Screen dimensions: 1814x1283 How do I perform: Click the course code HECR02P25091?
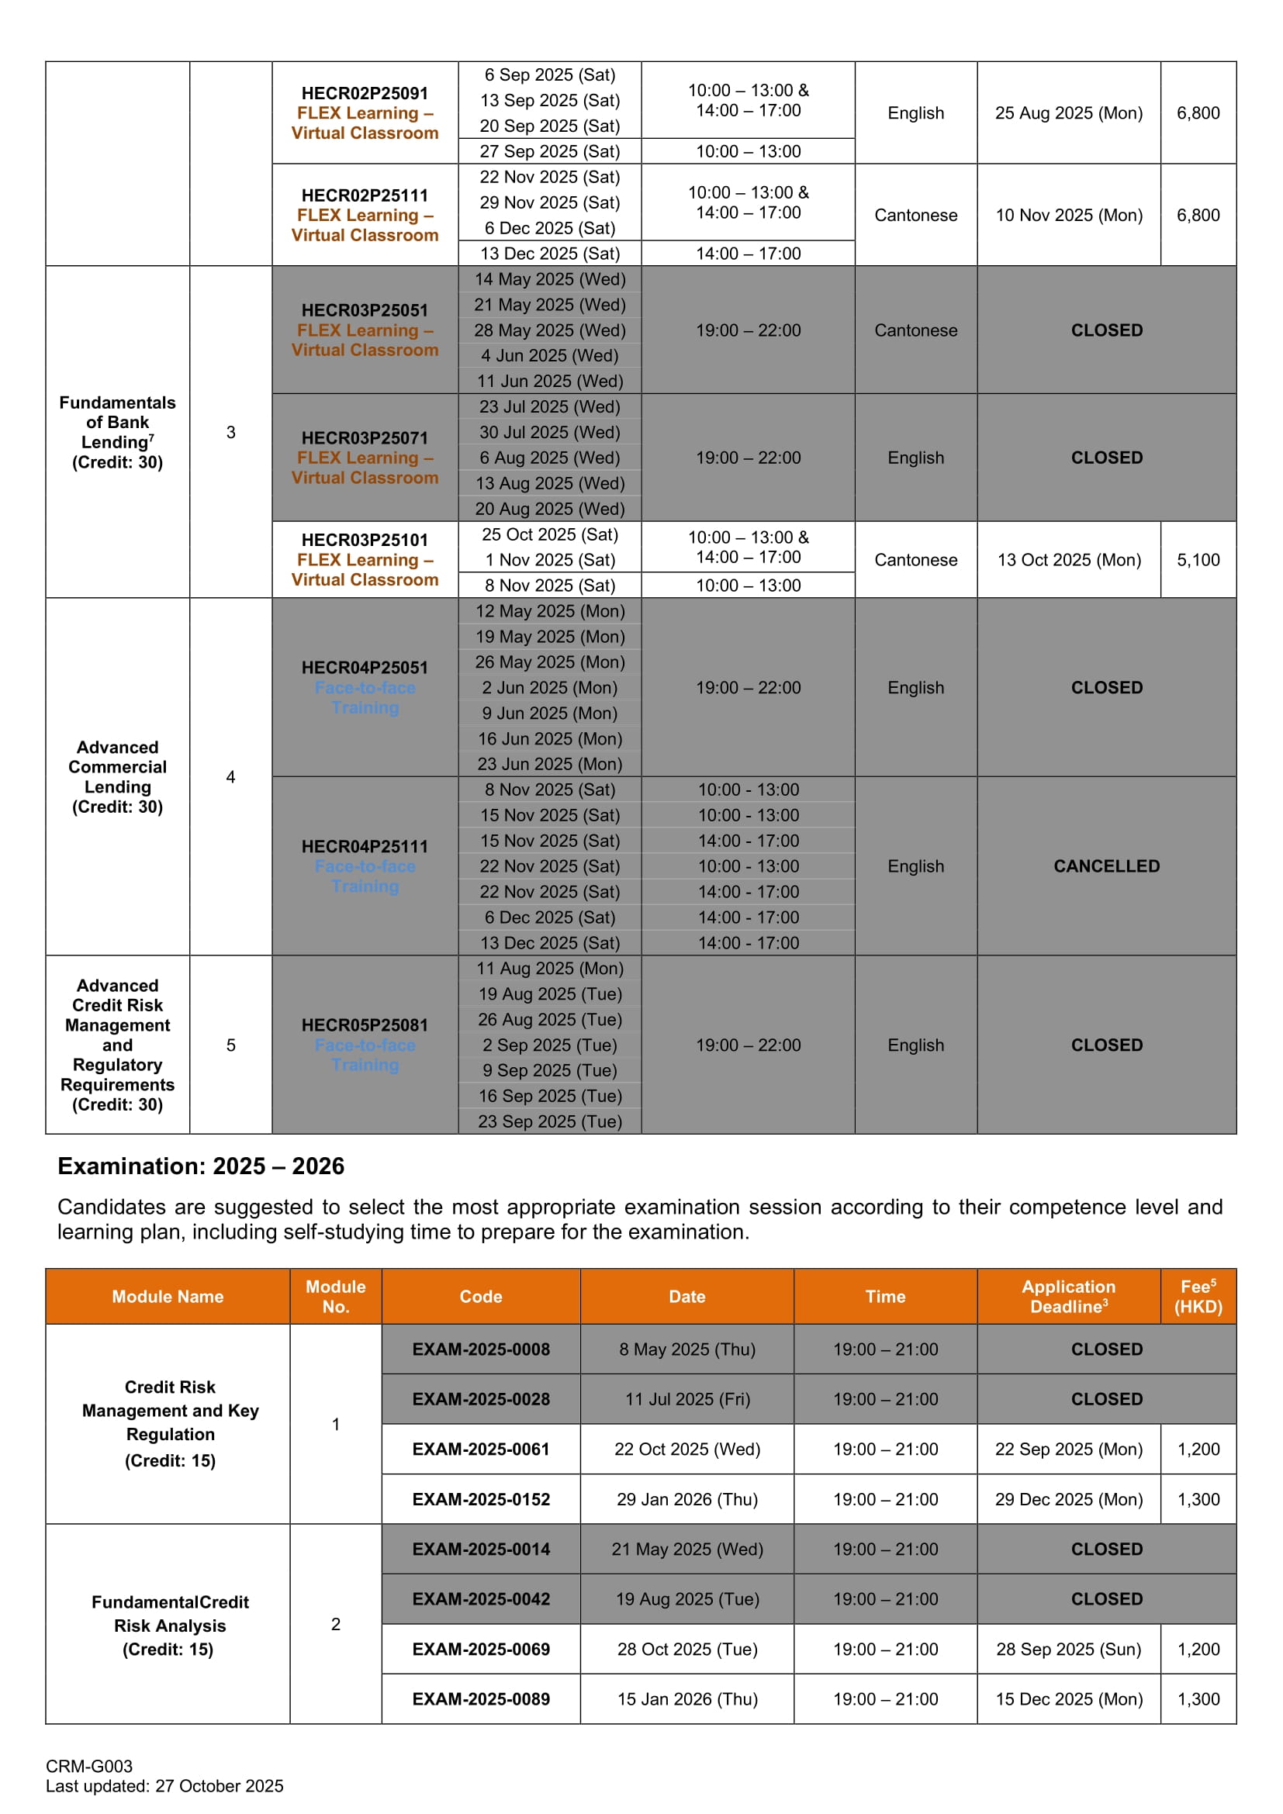365,93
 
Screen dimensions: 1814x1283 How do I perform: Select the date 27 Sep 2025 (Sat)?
549,151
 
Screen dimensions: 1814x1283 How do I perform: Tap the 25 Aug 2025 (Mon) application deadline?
1068,113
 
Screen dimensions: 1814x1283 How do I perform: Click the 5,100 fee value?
1198,559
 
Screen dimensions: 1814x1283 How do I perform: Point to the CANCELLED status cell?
1106,866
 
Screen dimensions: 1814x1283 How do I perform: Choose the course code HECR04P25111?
365,846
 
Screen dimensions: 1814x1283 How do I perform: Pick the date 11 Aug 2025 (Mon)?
549,968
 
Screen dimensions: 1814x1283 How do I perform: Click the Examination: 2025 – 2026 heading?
201,1166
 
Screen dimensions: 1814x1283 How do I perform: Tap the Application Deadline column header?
1068,1297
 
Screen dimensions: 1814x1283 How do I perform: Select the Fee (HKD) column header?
1198,1297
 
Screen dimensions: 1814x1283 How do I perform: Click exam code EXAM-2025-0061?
480,1449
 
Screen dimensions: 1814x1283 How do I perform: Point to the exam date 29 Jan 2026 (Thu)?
686,1499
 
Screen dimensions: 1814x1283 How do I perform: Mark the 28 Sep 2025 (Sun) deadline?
1068,1649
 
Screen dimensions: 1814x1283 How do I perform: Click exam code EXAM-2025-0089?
480,1698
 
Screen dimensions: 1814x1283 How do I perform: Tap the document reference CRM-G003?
89,1766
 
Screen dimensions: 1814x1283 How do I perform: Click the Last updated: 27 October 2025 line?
164,1785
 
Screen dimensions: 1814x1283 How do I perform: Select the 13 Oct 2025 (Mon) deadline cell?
1068,559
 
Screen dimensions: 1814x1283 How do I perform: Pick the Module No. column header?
335,1297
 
